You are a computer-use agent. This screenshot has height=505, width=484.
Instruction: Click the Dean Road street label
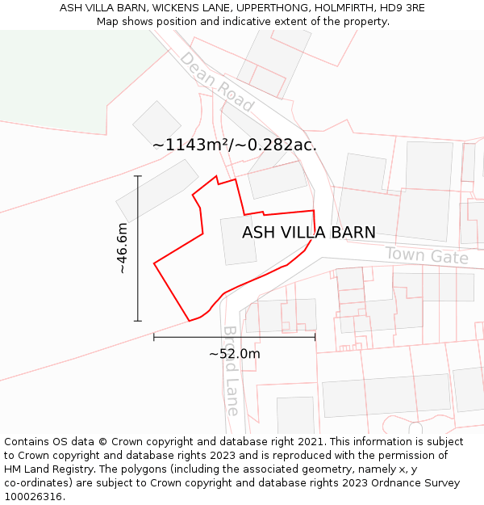216,82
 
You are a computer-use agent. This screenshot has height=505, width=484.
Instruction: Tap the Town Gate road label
427,256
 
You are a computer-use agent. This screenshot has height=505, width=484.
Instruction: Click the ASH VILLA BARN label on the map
309,233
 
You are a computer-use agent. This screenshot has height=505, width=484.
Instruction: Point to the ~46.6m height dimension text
122,248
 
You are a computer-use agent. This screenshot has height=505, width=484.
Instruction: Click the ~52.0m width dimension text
235,354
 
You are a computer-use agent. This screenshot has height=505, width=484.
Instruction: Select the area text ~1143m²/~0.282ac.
235,145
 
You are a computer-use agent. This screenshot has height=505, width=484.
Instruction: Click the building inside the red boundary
239,240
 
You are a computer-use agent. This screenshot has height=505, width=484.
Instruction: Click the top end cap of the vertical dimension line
138,175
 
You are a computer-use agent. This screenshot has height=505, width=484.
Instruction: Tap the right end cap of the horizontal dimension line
315,337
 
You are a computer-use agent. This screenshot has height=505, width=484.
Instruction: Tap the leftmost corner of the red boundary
154,263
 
